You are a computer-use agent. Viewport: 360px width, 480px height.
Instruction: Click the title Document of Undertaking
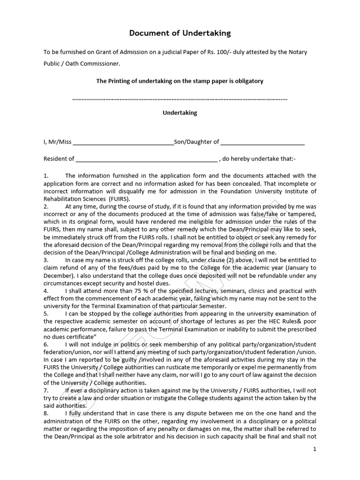pos(180,33)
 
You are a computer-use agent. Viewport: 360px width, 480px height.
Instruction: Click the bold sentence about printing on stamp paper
pos(180,81)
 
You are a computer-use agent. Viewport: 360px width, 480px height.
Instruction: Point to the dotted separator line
pos(180,99)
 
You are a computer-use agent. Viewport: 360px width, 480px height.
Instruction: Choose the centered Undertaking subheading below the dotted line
pos(180,113)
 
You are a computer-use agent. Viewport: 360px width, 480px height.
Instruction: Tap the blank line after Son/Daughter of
pos(262,142)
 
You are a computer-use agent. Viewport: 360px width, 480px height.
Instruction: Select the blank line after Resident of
pos(146,159)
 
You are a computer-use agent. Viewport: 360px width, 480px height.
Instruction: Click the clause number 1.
pos(46,176)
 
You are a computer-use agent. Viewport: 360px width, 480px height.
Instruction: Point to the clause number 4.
pos(46,291)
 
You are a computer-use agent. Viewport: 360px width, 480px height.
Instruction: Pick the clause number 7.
pos(46,390)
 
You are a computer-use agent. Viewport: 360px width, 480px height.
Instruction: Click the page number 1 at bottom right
pos(315,449)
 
